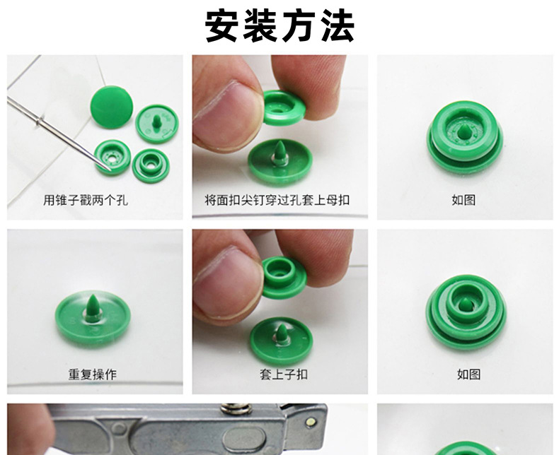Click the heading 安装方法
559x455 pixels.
pos(279,26)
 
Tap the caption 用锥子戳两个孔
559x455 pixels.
pos(86,200)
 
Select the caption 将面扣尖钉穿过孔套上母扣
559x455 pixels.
pos(277,200)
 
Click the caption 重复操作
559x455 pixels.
pos(92,374)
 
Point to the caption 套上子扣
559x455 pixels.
pos(284,374)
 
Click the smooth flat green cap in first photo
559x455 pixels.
pos(112,107)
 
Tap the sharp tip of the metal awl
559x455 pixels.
pos(110,170)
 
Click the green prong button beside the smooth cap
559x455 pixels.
pos(157,123)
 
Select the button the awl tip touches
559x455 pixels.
pos(113,158)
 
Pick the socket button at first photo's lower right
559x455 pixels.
pos(150,165)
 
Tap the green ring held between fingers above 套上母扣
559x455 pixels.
pos(284,108)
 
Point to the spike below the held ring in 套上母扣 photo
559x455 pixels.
pos(280,153)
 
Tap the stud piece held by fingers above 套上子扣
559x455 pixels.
pos(284,278)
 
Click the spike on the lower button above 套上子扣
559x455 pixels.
pos(282,333)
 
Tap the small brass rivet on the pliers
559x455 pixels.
pos(311,422)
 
